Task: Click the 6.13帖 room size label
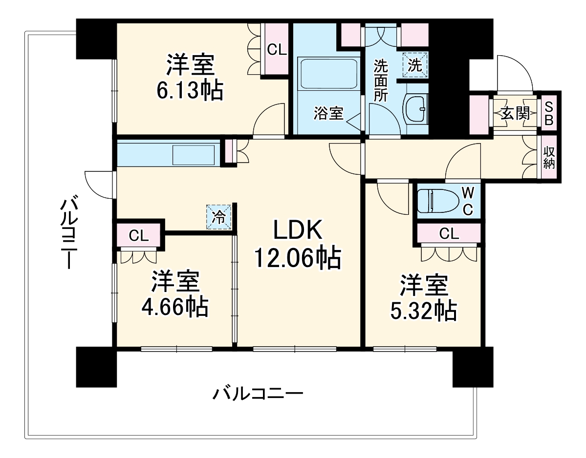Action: click(190, 90)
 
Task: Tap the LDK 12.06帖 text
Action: click(297, 258)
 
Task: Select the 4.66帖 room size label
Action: click(174, 307)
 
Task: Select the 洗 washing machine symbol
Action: click(415, 64)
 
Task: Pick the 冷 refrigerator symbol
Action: click(219, 217)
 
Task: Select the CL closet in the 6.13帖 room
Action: click(276, 50)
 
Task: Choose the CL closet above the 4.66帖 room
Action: click(138, 236)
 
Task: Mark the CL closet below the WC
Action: click(449, 234)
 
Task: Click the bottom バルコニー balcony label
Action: click(258, 393)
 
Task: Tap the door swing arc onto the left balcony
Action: click(96, 184)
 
